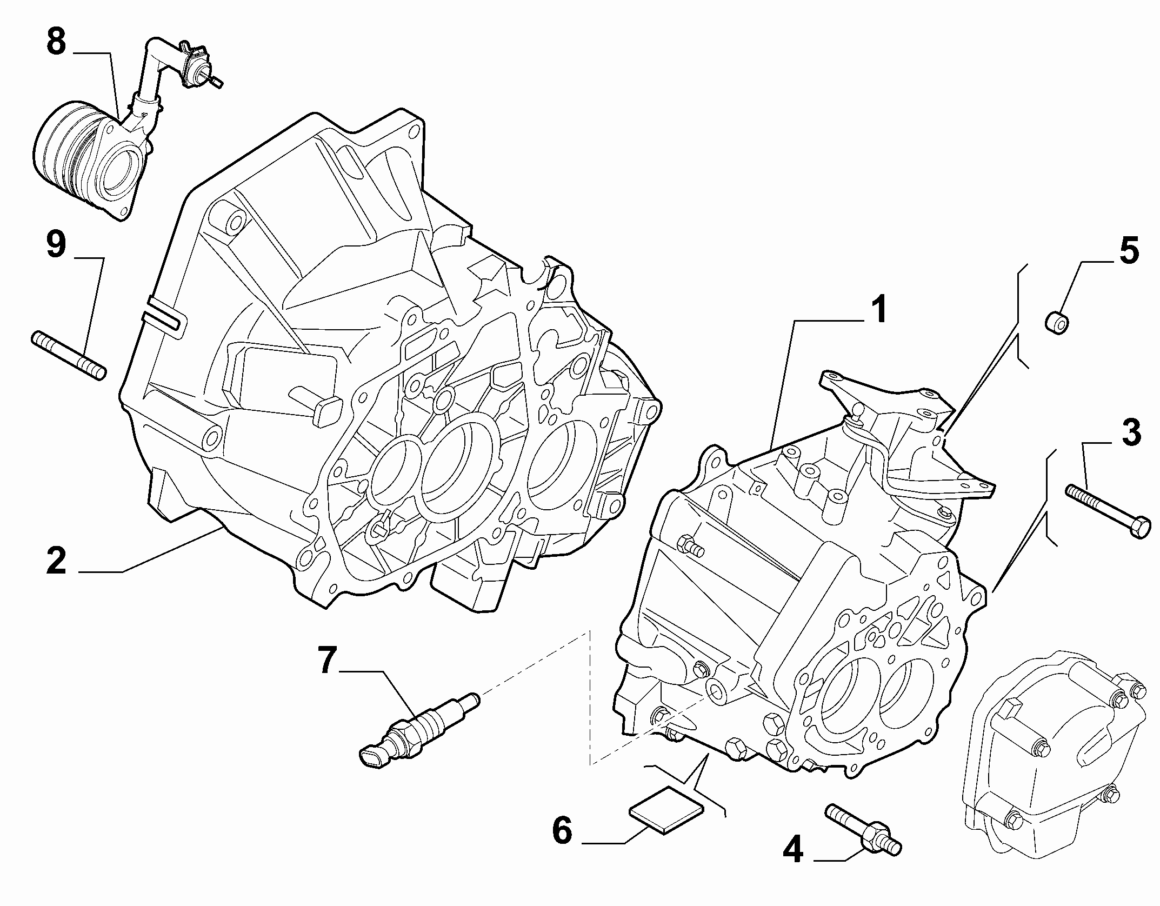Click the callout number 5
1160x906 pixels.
(1128, 250)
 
